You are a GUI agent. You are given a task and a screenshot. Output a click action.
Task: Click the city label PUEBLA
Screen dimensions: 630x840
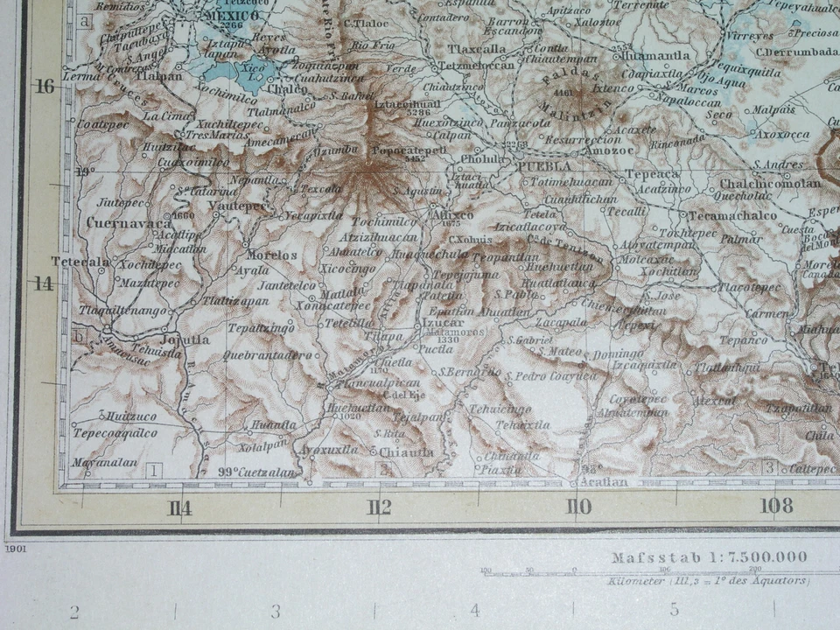(x=543, y=165)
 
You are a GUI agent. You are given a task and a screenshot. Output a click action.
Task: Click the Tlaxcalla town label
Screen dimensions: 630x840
(x=476, y=49)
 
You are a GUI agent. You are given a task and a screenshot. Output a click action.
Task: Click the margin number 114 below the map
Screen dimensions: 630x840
(x=180, y=507)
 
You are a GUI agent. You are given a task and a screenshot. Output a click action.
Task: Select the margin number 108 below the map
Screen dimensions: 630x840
(x=776, y=505)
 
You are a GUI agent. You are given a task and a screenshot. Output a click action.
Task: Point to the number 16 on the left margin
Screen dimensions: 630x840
(x=44, y=86)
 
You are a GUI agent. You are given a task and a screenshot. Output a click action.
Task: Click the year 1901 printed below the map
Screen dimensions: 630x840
(x=16, y=549)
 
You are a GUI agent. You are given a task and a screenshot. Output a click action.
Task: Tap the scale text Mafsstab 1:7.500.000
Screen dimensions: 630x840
(x=710, y=557)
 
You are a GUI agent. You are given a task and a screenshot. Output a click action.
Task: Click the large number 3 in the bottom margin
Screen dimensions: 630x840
(x=275, y=611)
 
